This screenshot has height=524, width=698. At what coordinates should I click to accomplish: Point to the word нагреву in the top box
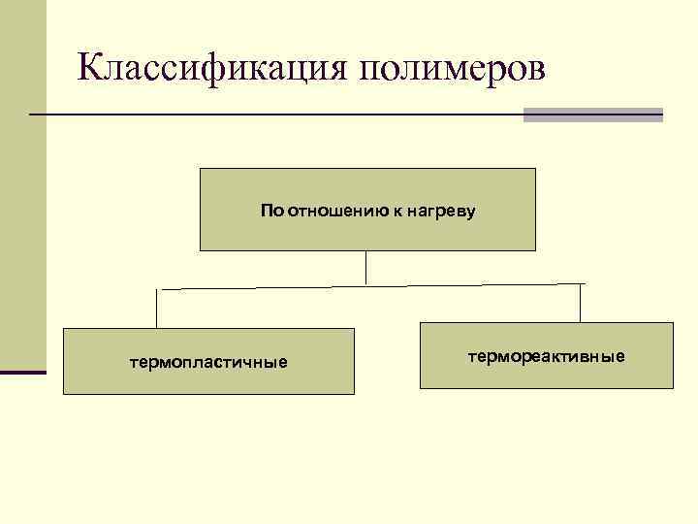coord(442,210)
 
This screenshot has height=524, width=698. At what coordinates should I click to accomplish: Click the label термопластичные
coord(209,363)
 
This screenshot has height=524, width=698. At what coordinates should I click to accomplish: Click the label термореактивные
coord(547,357)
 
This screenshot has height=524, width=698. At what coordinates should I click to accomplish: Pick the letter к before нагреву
coord(397,210)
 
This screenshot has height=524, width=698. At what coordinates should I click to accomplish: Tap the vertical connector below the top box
coord(366,267)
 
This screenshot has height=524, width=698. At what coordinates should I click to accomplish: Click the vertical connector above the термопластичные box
coord(157,309)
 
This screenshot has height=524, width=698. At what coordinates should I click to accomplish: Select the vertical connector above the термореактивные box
coord(580,303)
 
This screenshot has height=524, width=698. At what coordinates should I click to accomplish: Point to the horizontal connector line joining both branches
coord(368,286)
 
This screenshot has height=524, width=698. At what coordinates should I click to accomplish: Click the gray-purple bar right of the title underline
coord(592,115)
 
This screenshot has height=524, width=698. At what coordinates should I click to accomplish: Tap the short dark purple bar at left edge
coord(22,371)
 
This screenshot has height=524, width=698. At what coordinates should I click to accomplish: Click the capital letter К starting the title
coord(90,67)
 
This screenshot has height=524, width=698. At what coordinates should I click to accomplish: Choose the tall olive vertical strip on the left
coord(22,184)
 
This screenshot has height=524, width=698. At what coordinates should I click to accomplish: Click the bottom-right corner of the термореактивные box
coord(672,388)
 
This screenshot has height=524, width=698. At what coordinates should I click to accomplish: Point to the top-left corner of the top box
coord(201,169)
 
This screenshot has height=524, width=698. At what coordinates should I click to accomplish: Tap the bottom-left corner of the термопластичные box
coord(64,393)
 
